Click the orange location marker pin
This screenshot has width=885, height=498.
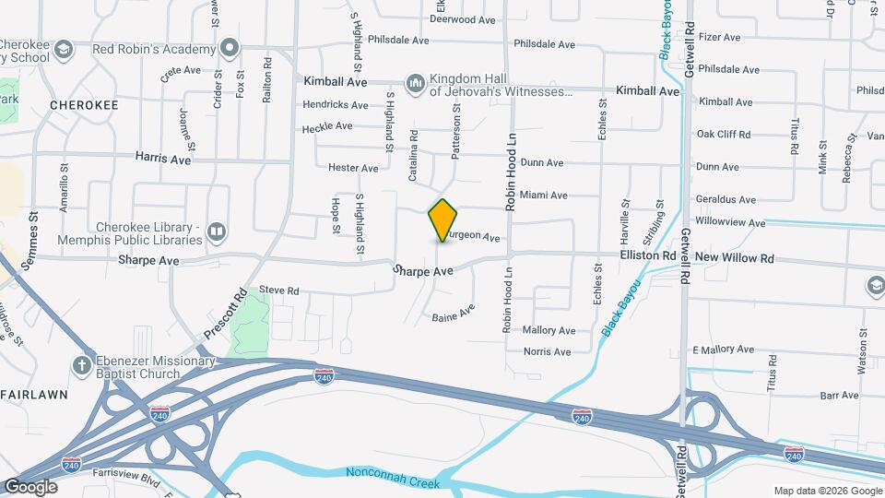(x=443, y=219)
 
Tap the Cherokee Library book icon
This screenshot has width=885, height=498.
(x=216, y=231)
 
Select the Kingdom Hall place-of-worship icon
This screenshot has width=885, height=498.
(x=415, y=84)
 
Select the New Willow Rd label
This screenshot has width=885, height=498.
(x=735, y=258)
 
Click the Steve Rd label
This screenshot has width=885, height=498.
(x=279, y=290)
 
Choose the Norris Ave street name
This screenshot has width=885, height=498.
(x=548, y=352)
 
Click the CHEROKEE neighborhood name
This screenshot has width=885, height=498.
(x=84, y=105)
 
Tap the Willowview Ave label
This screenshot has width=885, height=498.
(x=731, y=223)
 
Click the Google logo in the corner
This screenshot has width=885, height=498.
(x=30, y=487)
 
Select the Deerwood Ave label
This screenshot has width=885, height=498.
(x=465, y=18)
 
